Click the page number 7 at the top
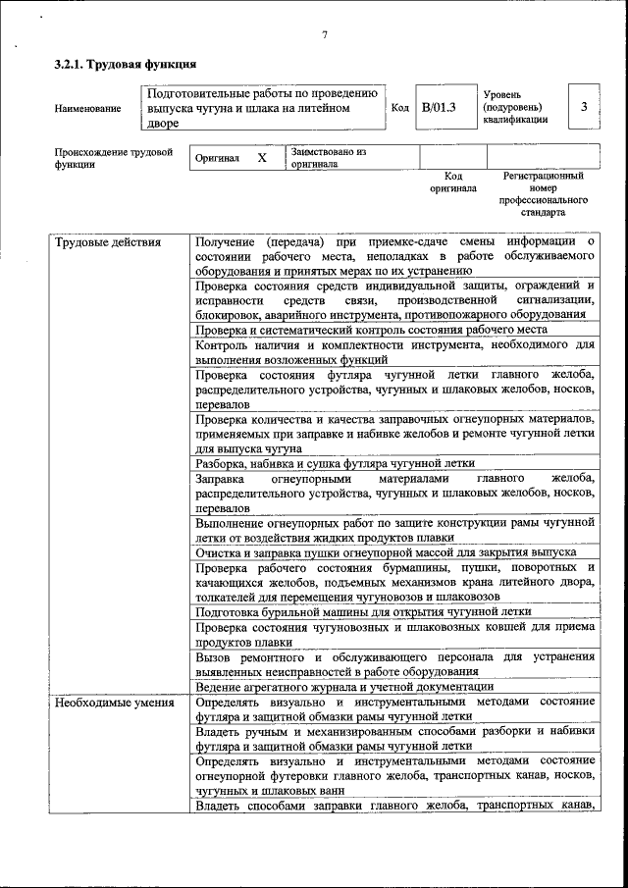pyautogui.click(x=324, y=35)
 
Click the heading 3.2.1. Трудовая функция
pyautogui.click(x=125, y=65)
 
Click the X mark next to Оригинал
pyautogui.click(x=261, y=158)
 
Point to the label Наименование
pyautogui.click(x=88, y=108)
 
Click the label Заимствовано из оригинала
pyautogui.click(x=328, y=158)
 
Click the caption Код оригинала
pyautogui.click(x=452, y=182)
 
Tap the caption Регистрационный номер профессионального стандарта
pyautogui.click(x=543, y=193)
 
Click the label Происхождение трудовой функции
pyautogui.click(x=113, y=158)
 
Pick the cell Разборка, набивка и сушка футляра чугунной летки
pyautogui.click(x=336, y=463)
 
